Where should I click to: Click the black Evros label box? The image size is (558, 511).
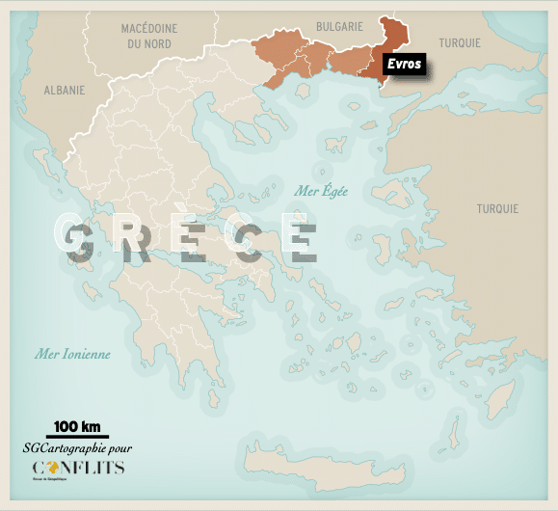point(405,65)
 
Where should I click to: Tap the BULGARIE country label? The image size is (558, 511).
point(339,29)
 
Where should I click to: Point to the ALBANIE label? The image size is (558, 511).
point(65,90)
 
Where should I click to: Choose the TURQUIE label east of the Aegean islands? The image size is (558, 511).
point(496,208)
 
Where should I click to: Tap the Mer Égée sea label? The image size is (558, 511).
point(321,190)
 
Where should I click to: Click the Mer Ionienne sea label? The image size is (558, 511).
point(72,354)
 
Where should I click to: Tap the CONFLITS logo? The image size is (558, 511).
point(77,469)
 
